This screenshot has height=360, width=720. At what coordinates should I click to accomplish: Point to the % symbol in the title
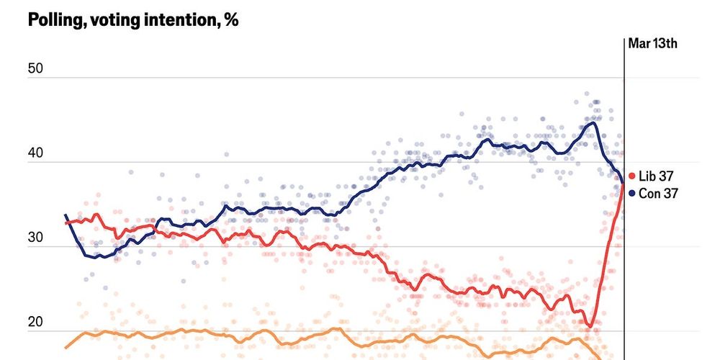click(230, 20)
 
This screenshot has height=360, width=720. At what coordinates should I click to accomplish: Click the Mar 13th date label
click(652, 44)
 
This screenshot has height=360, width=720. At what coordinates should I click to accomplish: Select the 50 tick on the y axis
click(36, 69)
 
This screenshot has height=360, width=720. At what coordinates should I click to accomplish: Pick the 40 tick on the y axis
click(36, 153)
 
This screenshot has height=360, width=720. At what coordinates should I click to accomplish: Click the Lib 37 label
click(658, 176)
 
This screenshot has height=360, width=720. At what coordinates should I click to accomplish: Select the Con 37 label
click(660, 193)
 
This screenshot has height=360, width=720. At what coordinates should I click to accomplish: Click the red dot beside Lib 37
click(632, 176)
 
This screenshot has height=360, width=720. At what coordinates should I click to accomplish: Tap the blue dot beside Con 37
click(632, 193)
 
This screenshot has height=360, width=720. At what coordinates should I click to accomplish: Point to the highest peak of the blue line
click(592, 122)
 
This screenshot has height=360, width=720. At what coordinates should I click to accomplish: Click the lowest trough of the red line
click(590, 327)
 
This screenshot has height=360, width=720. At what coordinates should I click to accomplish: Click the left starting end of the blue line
click(66, 215)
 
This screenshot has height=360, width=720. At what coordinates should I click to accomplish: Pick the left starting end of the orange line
click(66, 348)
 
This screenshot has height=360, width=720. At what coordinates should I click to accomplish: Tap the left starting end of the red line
click(66, 222)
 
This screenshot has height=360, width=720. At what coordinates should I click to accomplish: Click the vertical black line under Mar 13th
click(624, 108)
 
